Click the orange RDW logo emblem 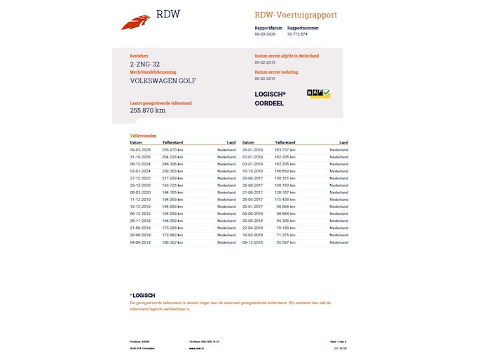[135, 22]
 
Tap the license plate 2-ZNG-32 [145, 64]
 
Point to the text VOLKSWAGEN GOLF [163, 81]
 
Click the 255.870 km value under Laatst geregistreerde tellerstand [148, 110]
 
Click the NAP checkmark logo [319, 94]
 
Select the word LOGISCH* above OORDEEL [270, 94]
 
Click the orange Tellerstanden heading [144, 136]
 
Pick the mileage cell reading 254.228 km [172, 156]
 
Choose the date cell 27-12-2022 [140, 178]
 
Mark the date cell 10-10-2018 [252, 171]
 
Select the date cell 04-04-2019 [140, 242]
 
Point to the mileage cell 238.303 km [172, 171]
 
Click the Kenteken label [139, 56]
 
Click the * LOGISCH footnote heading [143, 296]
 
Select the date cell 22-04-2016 [252, 228]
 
